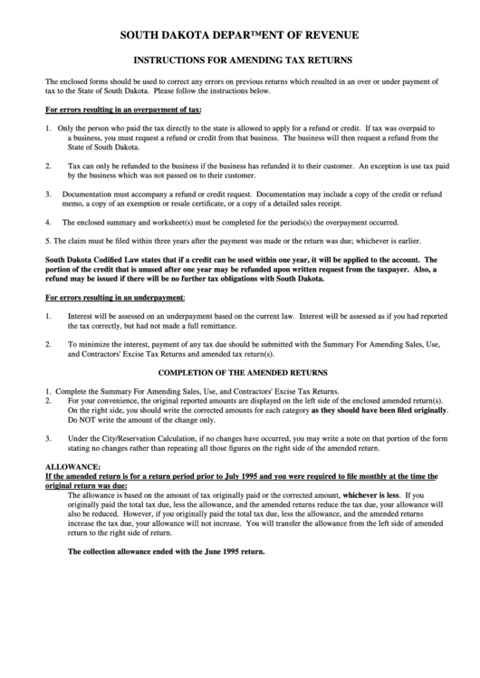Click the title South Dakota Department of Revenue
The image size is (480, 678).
click(x=239, y=34)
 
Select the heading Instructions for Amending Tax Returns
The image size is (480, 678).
click(x=239, y=63)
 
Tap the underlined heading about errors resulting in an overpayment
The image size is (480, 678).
click(x=123, y=110)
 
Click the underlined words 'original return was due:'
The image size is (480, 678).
click(x=85, y=485)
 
